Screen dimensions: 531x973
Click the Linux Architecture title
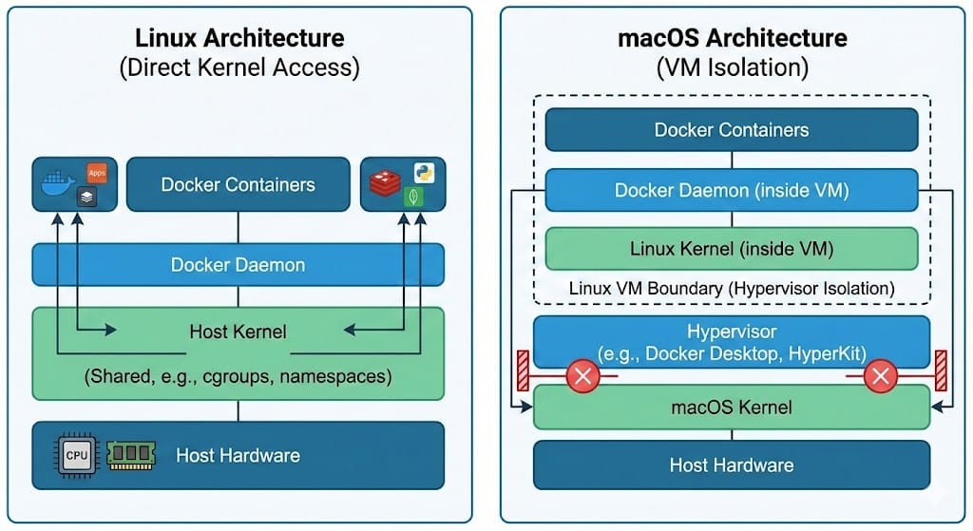[238, 39]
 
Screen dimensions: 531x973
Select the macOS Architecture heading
[732, 39]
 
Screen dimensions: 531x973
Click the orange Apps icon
[96, 173]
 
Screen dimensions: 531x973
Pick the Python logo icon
[424, 173]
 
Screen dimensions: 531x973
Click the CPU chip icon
[76, 455]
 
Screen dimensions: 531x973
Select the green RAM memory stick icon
[130, 455]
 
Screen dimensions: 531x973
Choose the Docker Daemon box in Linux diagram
[238, 265]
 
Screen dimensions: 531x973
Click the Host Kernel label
[238, 332]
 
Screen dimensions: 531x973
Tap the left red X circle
[582, 377]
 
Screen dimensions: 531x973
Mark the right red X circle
[881, 377]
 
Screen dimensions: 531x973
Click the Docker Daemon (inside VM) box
[732, 190]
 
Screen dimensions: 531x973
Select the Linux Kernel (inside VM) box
[732, 249]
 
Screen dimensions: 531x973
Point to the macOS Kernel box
[732, 408]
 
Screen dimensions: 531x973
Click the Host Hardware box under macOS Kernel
[732, 465]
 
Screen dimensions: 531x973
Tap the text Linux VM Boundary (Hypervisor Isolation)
[732, 287]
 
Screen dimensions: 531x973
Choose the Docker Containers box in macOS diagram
[732, 130]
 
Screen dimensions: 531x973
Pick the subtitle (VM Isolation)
[732, 68]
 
